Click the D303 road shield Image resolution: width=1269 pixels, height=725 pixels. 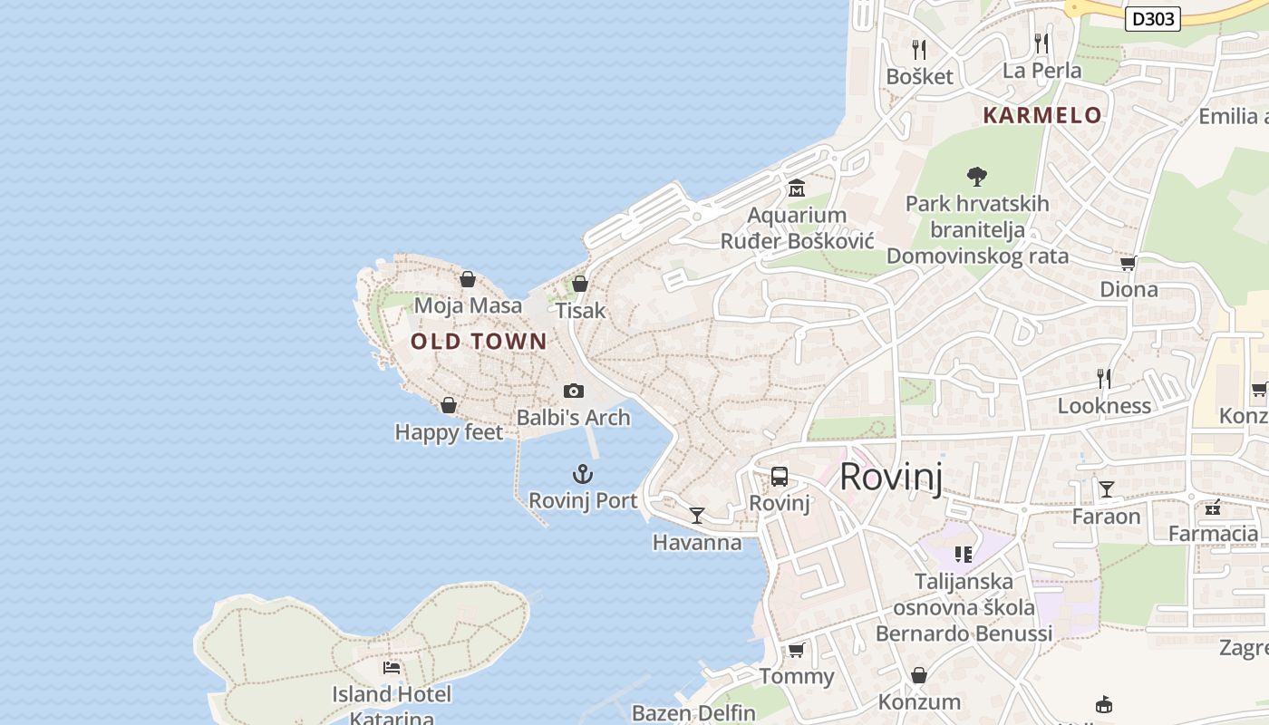coord(1153,18)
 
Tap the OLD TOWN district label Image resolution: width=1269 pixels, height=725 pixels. coord(479,342)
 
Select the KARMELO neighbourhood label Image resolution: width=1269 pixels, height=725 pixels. coord(1042,116)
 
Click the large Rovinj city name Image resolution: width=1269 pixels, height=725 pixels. coord(891,477)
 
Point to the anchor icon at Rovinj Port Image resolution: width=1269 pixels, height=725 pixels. coord(583,474)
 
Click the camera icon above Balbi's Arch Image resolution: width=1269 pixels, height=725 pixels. coord(574,391)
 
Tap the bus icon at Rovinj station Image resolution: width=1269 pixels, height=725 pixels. coord(780,477)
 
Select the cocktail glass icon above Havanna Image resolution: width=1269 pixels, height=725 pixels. coord(697,516)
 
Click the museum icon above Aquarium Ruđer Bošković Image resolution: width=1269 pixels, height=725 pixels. coord(797,188)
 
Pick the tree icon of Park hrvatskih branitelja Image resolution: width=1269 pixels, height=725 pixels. coord(976,176)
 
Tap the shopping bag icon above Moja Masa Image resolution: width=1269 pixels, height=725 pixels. coord(468,279)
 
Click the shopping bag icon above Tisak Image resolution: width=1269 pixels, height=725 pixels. coord(580,284)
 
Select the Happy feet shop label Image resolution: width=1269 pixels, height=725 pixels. coord(449,432)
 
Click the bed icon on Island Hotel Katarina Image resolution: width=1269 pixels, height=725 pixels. coord(392,668)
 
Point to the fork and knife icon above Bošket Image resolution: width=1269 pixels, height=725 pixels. coord(919,49)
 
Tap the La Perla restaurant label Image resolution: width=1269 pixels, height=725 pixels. coord(1041,71)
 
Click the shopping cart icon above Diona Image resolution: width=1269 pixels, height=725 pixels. coord(1129,263)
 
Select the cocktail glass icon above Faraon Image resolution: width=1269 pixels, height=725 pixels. coord(1107,489)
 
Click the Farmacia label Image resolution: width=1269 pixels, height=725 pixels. coord(1213,534)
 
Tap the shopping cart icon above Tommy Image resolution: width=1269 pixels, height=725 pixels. coord(797,650)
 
